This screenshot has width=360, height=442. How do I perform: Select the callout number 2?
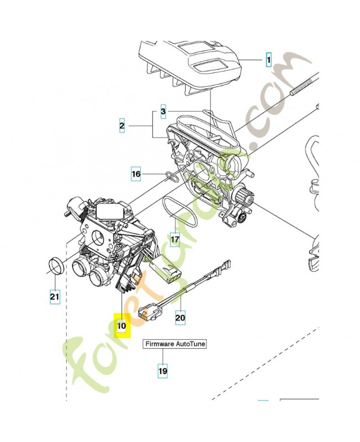tap(121, 127)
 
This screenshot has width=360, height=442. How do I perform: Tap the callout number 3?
tap(163, 112)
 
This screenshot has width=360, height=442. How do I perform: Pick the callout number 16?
tap(136, 174)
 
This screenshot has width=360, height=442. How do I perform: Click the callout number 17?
tap(175, 239)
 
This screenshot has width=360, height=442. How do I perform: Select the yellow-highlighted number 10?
tap(121, 326)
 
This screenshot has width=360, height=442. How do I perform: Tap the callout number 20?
tap(180, 317)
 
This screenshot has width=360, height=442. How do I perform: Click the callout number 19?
tap(162, 371)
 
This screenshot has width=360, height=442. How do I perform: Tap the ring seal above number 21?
tap(55, 266)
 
